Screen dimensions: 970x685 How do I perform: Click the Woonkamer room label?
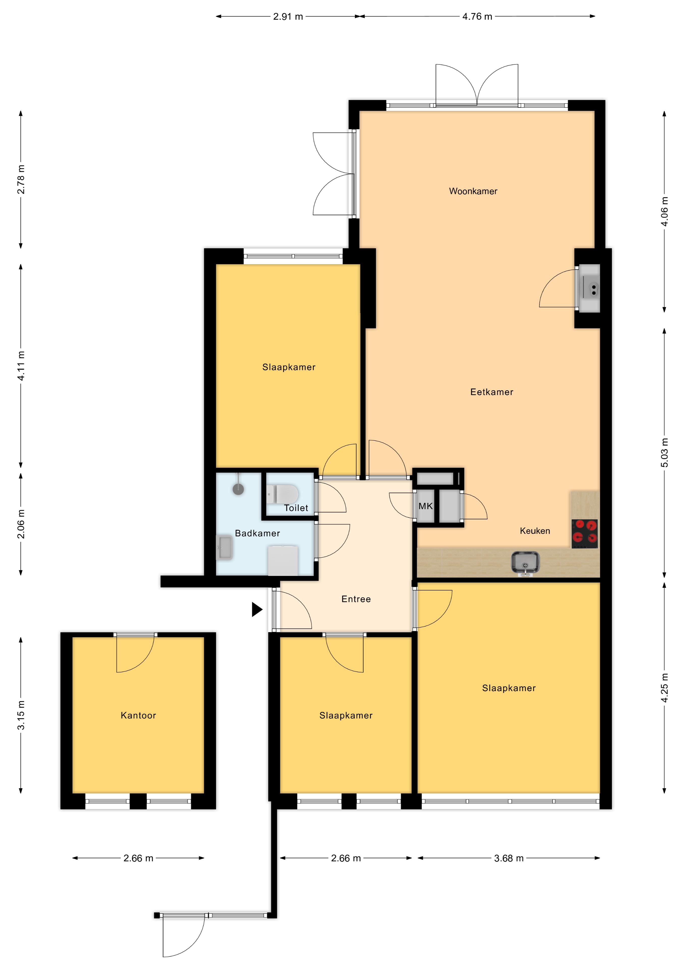pyautogui.click(x=473, y=191)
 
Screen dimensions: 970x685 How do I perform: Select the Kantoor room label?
pyautogui.click(x=138, y=715)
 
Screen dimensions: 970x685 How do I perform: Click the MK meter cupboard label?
pyautogui.click(x=425, y=506)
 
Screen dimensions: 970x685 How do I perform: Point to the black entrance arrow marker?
pyautogui.click(x=257, y=610)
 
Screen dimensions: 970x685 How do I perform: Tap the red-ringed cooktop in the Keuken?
pyautogui.click(x=585, y=533)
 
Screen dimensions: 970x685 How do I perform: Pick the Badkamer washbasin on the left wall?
pyautogui.click(x=224, y=548)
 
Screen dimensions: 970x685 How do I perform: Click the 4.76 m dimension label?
pyautogui.click(x=477, y=16)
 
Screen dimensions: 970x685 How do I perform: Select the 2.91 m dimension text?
pyautogui.click(x=288, y=16)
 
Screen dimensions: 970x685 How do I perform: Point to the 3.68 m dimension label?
pyautogui.click(x=509, y=858)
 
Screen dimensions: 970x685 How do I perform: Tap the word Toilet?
pyautogui.click(x=296, y=508)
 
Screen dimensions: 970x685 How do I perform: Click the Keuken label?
pyautogui.click(x=535, y=531)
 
